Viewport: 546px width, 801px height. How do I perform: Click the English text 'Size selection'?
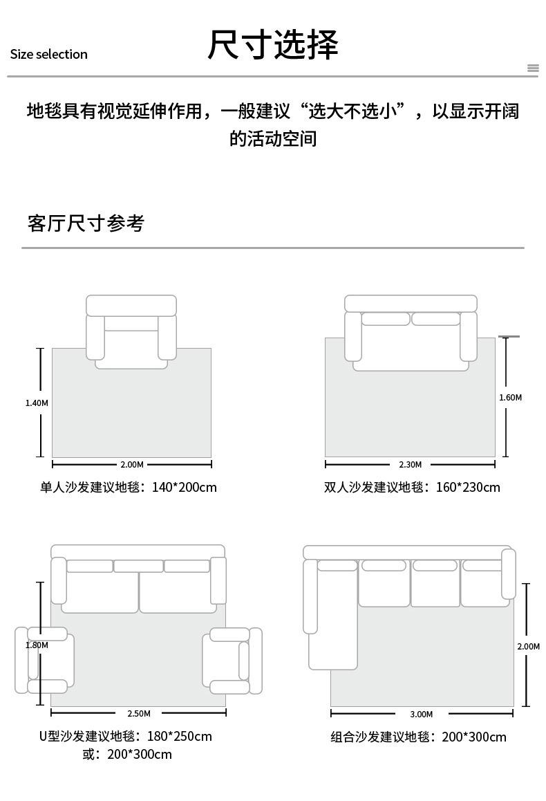(x=48, y=54)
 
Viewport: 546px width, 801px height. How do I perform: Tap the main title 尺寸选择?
(x=273, y=45)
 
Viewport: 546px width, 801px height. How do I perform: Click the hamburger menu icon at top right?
(x=533, y=68)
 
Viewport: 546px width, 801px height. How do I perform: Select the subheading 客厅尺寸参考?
(x=86, y=223)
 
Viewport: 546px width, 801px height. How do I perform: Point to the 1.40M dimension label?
(x=37, y=403)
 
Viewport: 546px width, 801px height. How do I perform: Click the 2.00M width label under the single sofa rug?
(x=131, y=464)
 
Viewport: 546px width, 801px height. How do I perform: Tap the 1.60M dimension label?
(x=510, y=398)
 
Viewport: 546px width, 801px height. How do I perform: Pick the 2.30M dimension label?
(x=411, y=464)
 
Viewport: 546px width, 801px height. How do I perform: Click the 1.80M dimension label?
(x=37, y=645)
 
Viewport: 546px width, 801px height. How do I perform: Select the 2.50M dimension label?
(x=139, y=713)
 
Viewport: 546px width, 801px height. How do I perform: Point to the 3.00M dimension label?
(x=422, y=714)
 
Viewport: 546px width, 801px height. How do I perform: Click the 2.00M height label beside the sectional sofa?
(x=528, y=646)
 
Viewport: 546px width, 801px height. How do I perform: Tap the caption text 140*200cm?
(x=185, y=488)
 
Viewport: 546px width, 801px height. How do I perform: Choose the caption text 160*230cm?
(x=468, y=488)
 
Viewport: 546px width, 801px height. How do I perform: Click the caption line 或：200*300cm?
(x=127, y=754)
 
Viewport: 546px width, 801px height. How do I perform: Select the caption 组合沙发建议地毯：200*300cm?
(x=418, y=737)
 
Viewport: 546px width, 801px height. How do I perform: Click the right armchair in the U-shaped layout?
(x=232, y=661)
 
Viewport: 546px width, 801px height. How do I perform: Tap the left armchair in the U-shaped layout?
(x=44, y=660)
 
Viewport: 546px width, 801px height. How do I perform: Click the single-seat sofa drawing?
(x=131, y=332)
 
